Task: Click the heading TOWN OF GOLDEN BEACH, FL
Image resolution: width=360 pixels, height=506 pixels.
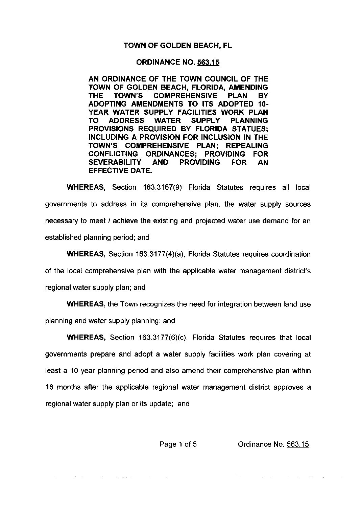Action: [x=178, y=45]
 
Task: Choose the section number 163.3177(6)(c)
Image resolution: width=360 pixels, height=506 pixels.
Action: [x=164, y=338]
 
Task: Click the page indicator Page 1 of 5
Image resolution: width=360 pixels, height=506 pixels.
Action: [x=178, y=444]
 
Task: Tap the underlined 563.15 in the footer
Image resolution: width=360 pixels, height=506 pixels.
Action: [x=297, y=444]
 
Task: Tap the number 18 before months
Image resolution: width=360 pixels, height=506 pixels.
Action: [x=49, y=387]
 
